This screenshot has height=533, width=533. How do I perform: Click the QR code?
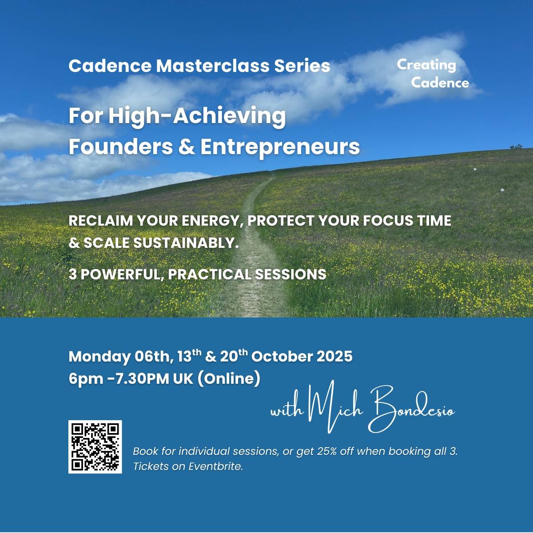[95, 447]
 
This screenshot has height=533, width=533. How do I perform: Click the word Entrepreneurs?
[280, 147]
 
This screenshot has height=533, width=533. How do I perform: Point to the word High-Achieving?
[196, 116]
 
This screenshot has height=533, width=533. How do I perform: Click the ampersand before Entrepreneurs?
[186, 147]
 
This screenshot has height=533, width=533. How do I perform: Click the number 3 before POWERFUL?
[72, 274]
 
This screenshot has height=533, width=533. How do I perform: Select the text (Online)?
[228, 379]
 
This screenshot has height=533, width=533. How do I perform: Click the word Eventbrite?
[215, 467]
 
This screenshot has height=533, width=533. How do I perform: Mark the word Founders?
[121, 147]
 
